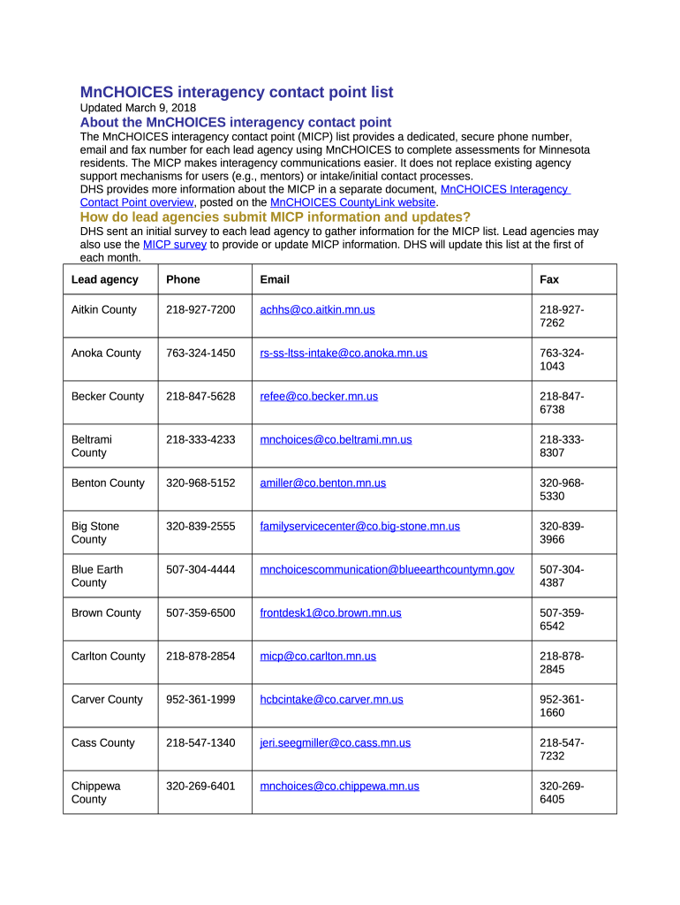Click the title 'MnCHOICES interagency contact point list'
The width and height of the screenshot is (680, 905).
(x=237, y=93)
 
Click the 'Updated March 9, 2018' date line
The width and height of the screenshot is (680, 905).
(x=138, y=109)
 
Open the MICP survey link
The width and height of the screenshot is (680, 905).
(x=175, y=245)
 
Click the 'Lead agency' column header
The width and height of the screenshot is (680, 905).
(x=104, y=279)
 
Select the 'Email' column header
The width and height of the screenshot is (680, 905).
(x=275, y=279)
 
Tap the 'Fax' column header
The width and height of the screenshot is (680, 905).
(x=549, y=279)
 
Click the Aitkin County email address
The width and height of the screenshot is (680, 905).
(x=317, y=310)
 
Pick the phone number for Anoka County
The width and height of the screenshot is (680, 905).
(x=200, y=354)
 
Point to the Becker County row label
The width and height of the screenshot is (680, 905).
(x=107, y=397)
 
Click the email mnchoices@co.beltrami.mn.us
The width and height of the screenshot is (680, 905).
(x=336, y=439)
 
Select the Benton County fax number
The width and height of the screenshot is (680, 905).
(x=562, y=490)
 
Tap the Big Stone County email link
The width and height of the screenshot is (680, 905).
(x=359, y=526)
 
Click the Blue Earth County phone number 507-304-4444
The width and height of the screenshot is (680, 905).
(x=200, y=570)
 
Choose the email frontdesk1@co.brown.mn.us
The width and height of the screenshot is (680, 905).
(x=330, y=613)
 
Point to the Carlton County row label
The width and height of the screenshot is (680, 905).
(x=108, y=657)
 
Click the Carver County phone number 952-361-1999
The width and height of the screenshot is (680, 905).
(x=200, y=700)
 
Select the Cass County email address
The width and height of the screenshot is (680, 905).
(x=335, y=743)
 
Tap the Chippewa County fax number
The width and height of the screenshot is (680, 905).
(x=562, y=793)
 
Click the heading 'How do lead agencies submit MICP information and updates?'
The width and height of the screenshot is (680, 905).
(x=276, y=217)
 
